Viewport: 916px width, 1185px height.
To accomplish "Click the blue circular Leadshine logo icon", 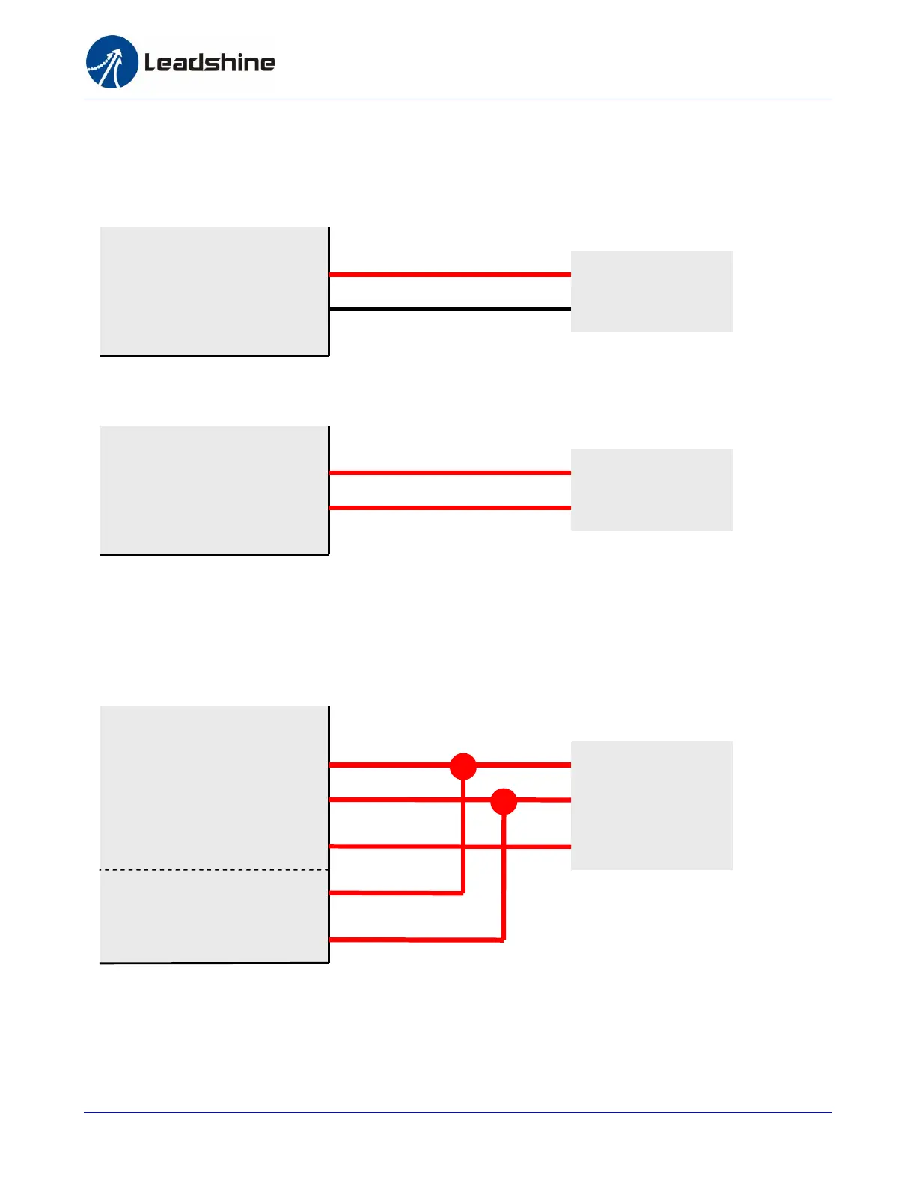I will (x=112, y=62).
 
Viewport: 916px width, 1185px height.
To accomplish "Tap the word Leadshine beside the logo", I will (x=210, y=62).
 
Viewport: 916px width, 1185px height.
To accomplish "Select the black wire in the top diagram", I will (x=449, y=308).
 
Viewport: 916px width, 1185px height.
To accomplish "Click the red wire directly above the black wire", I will (x=449, y=275).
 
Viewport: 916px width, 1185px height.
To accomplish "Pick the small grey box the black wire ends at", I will (x=651, y=292).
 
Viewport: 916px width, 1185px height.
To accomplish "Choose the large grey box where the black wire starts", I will (x=213, y=291).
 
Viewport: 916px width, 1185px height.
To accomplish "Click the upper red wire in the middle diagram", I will (x=449, y=473).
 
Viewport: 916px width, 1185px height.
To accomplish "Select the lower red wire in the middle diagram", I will (x=449, y=508).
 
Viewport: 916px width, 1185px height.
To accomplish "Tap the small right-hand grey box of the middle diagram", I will (x=651, y=490).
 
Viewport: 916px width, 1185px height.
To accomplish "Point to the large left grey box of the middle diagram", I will (x=213, y=490).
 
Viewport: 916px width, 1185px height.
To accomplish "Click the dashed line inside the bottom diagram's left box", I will (x=213, y=870).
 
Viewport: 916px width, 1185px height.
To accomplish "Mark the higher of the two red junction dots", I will (x=463, y=766).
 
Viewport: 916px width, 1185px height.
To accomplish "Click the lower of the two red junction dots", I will (x=504, y=801).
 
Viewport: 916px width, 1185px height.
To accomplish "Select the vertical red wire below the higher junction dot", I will (x=463, y=838).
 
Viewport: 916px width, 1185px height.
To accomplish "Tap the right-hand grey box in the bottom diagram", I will (x=651, y=806).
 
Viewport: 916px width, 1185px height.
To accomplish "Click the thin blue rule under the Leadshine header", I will (x=457, y=99).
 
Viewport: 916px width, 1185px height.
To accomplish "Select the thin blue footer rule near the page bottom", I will (x=457, y=1112).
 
